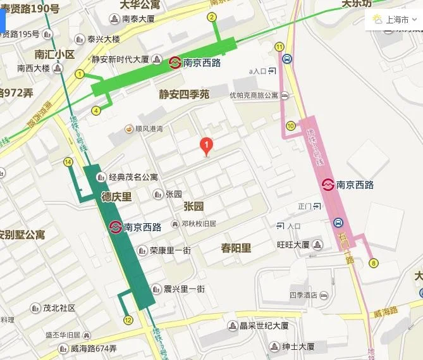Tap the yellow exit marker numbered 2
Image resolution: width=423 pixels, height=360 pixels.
click(x=212, y=17)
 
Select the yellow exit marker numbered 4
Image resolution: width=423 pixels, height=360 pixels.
click(x=96, y=111)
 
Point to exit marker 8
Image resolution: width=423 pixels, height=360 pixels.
click(x=374, y=263)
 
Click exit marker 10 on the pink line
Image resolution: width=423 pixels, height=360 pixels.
click(x=290, y=126)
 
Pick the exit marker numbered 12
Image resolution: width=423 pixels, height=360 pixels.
click(x=128, y=320)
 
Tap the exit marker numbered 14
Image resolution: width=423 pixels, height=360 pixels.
click(x=68, y=162)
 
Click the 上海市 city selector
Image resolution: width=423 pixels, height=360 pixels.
click(x=396, y=19)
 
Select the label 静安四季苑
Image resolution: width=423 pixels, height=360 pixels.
click(x=184, y=94)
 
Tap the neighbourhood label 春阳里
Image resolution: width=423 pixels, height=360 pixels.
click(x=236, y=247)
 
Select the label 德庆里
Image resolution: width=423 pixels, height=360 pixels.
click(x=117, y=197)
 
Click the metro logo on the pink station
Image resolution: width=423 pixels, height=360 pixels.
click(x=328, y=185)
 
